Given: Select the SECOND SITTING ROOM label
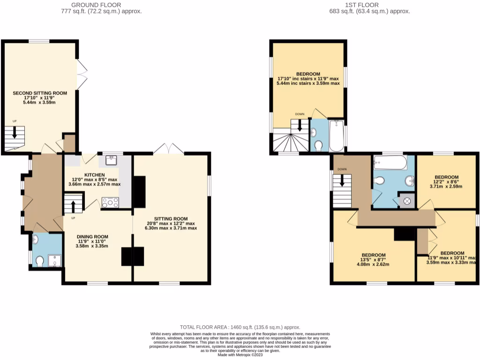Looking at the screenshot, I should [39, 93].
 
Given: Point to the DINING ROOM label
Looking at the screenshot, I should [92, 237].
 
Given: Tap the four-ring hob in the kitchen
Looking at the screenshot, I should [110, 202].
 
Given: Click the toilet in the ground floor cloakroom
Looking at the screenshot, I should [40, 261].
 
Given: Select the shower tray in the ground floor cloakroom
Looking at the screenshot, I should [54, 260].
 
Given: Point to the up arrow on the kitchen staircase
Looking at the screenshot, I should [73, 205].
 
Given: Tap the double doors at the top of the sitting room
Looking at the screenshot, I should [169, 149].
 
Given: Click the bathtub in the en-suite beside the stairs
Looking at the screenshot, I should [336, 136].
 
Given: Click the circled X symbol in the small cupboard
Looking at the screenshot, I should [406, 201].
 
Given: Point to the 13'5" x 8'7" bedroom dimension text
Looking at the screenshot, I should [374, 261].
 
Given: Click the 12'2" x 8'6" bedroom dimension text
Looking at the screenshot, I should [446, 183].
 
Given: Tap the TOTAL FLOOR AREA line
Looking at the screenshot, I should [240, 327].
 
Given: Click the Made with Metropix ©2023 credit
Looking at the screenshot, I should [240, 354].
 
